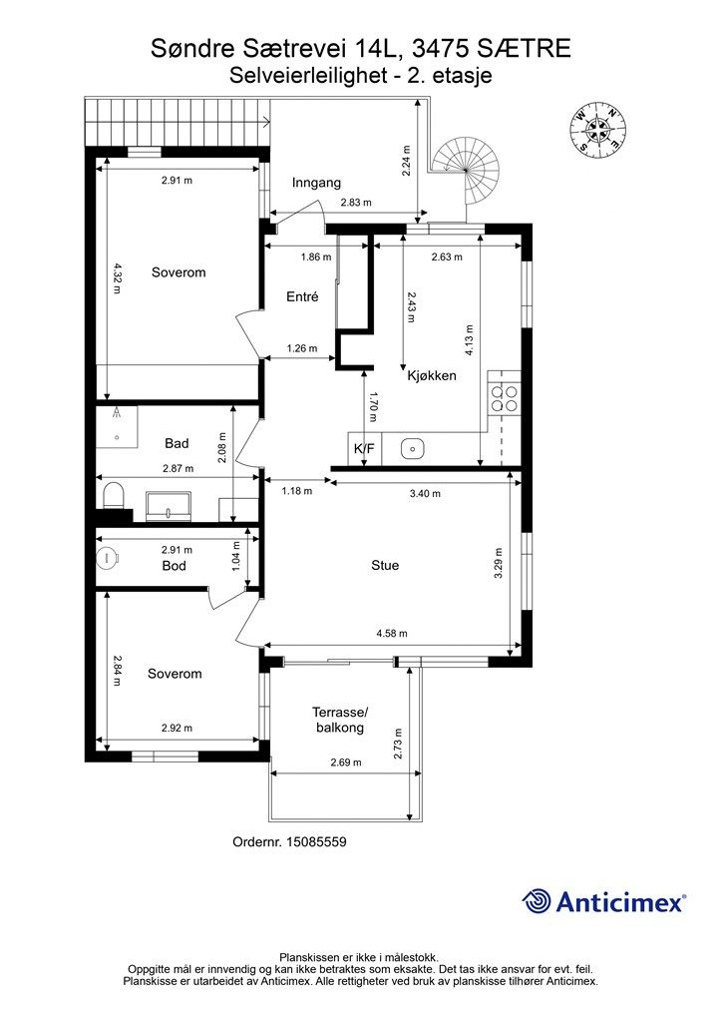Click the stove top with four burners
pyautogui.click(x=505, y=398)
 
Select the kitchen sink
pyautogui.click(x=413, y=448)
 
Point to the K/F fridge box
pyautogui.click(x=365, y=448)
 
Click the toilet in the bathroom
pyautogui.click(x=114, y=495)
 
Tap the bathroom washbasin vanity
pyautogui.click(x=169, y=506)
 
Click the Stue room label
pyautogui.click(x=385, y=565)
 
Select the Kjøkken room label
pyautogui.click(x=432, y=375)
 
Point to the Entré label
pyautogui.click(x=302, y=296)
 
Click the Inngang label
pyautogui.click(x=316, y=184)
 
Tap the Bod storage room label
pyautogui.click(x=174, y=566)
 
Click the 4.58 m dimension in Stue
pyautogui.click(x=392, y=633)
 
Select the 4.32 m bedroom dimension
pyautogui.click(x=117, y=277)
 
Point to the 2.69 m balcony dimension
pyautogui.click(x=346, y=762)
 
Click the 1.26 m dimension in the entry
pyautogui.click(x=302, y=348)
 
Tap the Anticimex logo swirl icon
pyautogui.click(x=537, y=901)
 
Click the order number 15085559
pyautogui.click(x=316, y=841)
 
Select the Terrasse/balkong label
pyautogui.click(x=340, y=720)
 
